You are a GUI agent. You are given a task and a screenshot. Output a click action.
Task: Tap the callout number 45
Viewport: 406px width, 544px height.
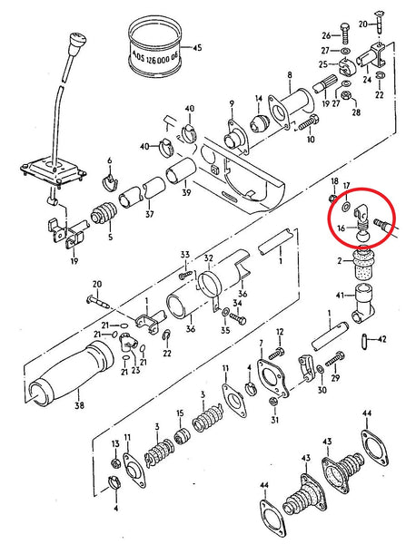198,48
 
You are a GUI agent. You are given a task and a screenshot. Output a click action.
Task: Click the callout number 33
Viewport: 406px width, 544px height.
183,255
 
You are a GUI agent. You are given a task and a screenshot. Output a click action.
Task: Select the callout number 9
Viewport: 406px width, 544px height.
232,102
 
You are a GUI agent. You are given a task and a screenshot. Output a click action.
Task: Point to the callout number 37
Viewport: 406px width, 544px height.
149,215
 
